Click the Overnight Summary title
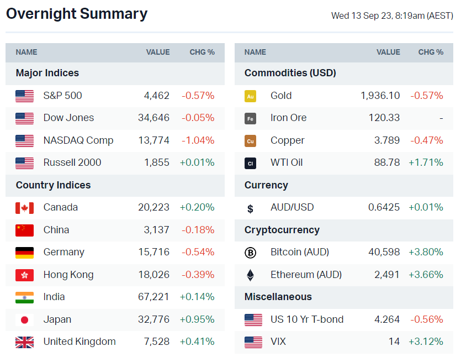click(x=77, y=14)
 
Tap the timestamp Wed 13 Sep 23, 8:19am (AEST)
click(x=391, y=15)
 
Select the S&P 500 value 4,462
click(x=157, y=96)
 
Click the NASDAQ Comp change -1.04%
click(x=198, y=140)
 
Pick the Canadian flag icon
click(x=24, y=208)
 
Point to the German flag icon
click(x=24, y=253)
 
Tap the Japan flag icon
click(x=24, y=319)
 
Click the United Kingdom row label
click(x=80, y=342)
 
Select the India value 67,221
click(x=153, y=297)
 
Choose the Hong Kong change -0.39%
click(x=198, y=275)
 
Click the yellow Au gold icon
click(x=250, y=96)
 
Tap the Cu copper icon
click(x=250, y=141)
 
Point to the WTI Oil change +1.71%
click(x=426, y=162)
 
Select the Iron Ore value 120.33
click(x=384, y=118)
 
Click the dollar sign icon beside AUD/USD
click(x=250, y=208)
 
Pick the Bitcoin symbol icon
click(x=250, y=253)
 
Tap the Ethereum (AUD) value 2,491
click(x=386, y=275)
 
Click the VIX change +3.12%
click(x=426, y=342)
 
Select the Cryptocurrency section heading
click(x=282, y=230)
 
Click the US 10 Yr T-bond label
click(x=307, y=319)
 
